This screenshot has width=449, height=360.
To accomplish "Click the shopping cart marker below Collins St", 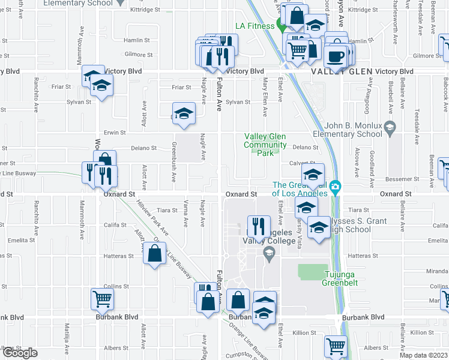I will [103, 298].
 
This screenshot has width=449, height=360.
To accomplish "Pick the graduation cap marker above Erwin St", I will [184, 114].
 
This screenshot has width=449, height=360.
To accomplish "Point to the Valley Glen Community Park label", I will [265, 145].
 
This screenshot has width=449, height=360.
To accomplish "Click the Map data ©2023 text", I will [424, 355].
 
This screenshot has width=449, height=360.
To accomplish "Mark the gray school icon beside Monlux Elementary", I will [390, 127].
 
